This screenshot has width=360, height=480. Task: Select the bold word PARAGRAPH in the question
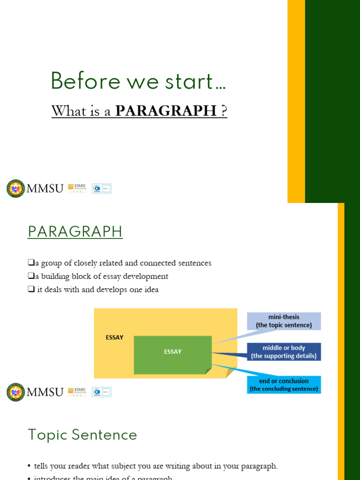pos(166,111)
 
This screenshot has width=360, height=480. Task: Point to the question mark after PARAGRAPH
pos(224,111)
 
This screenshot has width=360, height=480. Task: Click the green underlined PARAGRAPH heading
pos(75,232)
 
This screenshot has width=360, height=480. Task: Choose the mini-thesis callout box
pos(284,321)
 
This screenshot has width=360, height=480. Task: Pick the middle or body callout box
pos(284,352)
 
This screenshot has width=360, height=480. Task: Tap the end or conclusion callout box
pos(284,385)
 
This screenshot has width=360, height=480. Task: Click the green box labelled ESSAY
pos(172,354)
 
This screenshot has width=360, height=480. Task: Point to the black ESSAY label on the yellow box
pos(114,337)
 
